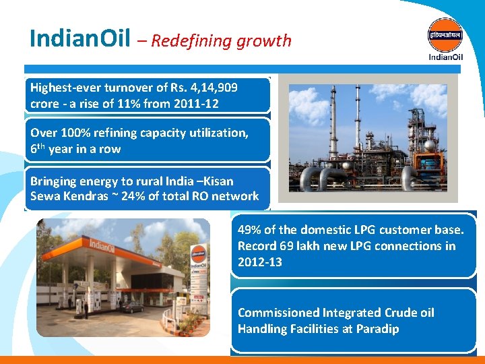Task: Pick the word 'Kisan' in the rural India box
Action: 215,181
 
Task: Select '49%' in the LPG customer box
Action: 251,229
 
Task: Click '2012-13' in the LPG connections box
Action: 260,262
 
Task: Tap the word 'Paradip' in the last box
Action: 375,329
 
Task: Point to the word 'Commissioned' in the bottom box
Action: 278,313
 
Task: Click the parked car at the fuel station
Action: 131,307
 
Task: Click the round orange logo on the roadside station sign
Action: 199,254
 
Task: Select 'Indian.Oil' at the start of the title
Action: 80,39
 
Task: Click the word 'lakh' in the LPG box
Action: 300,245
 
